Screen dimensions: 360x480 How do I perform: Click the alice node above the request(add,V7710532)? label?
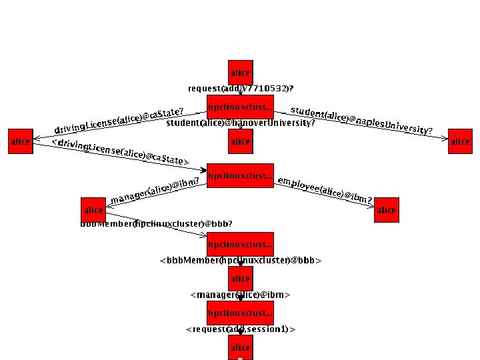(240, 73)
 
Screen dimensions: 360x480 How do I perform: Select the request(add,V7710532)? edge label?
(241, 89)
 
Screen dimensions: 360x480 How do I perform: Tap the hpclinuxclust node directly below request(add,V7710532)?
(240, 107)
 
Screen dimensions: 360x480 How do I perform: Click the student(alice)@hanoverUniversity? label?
(240, 123)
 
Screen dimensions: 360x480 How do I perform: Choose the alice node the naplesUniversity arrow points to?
(460, 141)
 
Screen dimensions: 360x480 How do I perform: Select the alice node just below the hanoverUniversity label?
(240, 141)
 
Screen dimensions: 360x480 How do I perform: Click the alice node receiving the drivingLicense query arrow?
(21, 141)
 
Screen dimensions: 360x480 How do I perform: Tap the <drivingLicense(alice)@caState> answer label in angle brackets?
(121, 153)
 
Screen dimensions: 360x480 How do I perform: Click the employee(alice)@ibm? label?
(325, 191)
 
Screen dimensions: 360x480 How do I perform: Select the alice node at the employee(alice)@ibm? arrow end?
(386, 210)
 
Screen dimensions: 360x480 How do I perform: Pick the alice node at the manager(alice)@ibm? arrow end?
(93, 210)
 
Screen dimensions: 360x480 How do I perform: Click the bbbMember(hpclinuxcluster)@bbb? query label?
(157, 224)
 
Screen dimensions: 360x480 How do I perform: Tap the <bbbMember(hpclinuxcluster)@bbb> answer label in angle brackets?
(241, 260)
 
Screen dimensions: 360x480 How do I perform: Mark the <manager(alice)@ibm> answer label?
(240, 294)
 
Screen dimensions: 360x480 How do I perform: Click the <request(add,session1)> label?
(240, 329)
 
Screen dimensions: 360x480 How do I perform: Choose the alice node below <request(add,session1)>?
(240, 348)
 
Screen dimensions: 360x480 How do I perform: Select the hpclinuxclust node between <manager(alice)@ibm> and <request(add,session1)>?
(240, 312)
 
